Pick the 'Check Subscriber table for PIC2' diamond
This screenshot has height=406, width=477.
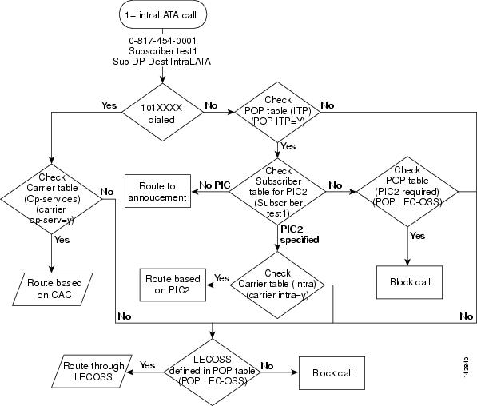click(278, 191)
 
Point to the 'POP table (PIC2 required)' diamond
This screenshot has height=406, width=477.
click(408, 191)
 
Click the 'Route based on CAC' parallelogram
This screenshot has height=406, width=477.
click(54, 287)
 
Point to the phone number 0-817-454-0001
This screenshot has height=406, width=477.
click(163, 39)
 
